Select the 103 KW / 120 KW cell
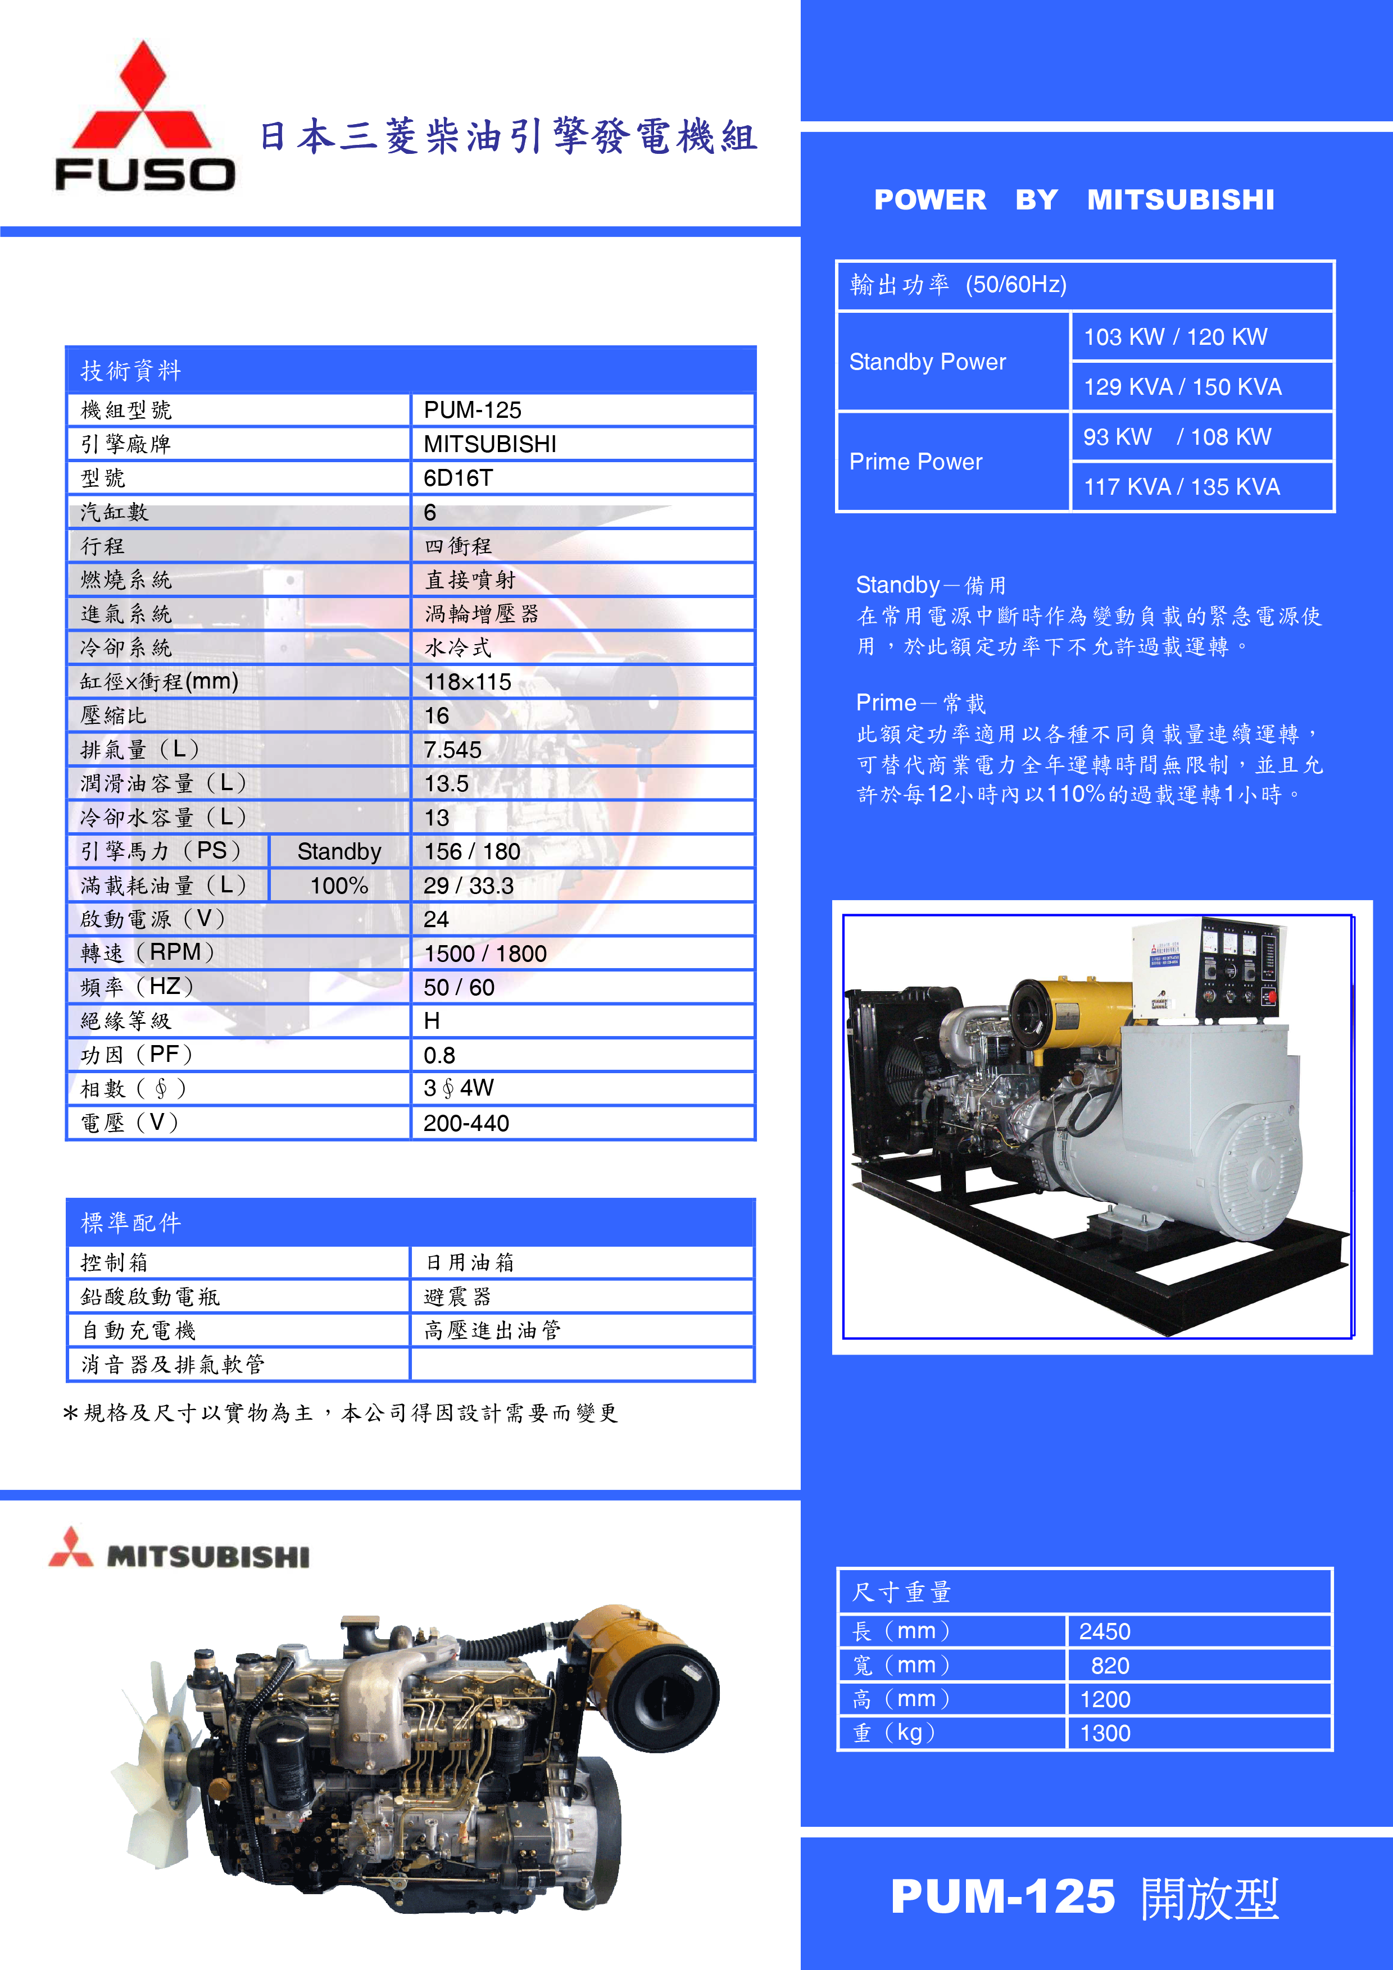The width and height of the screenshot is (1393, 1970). click(x=1175, y=337)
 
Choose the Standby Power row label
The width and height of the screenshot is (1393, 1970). click(x=927, y=362)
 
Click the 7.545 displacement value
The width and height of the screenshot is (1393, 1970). click(x=452, y=750)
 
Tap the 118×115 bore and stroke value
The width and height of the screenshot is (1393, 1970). click(x=468, y=682)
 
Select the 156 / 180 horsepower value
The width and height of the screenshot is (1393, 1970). click(x=472, y=852)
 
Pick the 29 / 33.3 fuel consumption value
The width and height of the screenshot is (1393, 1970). click(x=469, y=886)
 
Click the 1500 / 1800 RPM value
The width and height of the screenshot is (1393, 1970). click(x=485, y=953)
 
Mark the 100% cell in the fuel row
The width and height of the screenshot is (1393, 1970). click(x=339, y=886)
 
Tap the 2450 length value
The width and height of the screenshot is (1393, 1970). click(x=1105, y=1631)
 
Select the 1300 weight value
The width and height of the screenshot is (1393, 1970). click(x=1105, y=1733)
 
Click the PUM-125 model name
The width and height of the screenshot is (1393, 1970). click(x=1002, y=1897)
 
